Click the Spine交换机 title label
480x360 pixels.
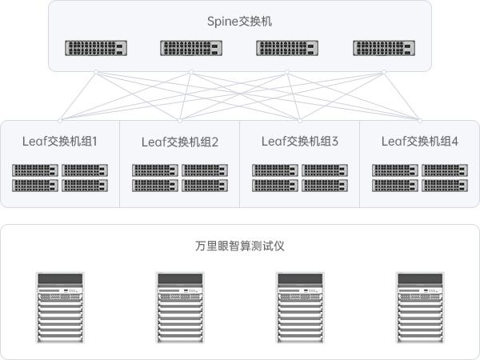click(x=239, y=22)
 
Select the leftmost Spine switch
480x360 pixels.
click(x=96, y=48)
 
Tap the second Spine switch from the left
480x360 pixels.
click(x=191, y=48)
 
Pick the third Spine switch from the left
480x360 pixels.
click(x=287, y=48)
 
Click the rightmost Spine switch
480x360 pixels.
click(x=383, y=48)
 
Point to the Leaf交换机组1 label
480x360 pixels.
click(x=60, y=142)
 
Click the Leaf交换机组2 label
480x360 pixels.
click(x=180, y=142)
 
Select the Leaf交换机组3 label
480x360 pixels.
click(x=300, y=142)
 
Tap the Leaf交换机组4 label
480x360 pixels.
click(x=420, y=142)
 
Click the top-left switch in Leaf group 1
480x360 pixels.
click(x=35, y=170)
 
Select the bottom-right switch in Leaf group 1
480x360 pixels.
click(x=85, y=185)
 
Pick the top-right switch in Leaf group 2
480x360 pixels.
click(x=205, y=170)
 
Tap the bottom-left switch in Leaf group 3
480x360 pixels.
click(x=275, y=185)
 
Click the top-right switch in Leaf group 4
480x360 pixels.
click(x=445, y=170)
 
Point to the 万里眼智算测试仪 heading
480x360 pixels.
click(x=240, y=246)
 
